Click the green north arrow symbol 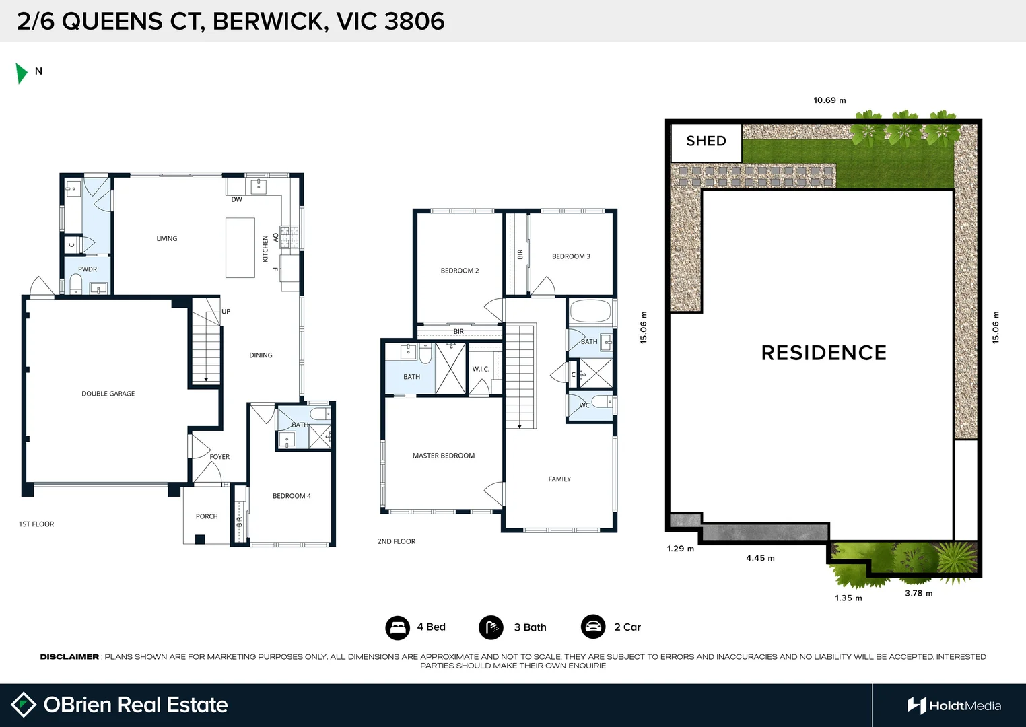(22, 73)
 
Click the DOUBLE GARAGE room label (108, 394)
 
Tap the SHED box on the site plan (706, 141)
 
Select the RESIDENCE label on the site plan (823, 353)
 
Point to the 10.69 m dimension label (829, 100)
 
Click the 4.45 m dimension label (760, 558)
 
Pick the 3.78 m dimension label (918, 593)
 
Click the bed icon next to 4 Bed (397, 627)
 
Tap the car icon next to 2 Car (593, 627)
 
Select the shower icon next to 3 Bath (491, 627)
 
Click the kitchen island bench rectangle (240, 248)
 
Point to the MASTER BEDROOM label (444, 456)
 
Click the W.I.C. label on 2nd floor (481, 369)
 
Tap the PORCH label (207, 516)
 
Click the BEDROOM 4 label (292, 496)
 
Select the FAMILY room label (559, 479)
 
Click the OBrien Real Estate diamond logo (24, 705)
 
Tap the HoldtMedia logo (954, 705)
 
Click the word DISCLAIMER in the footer (69, 657)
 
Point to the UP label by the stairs (226, 312)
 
